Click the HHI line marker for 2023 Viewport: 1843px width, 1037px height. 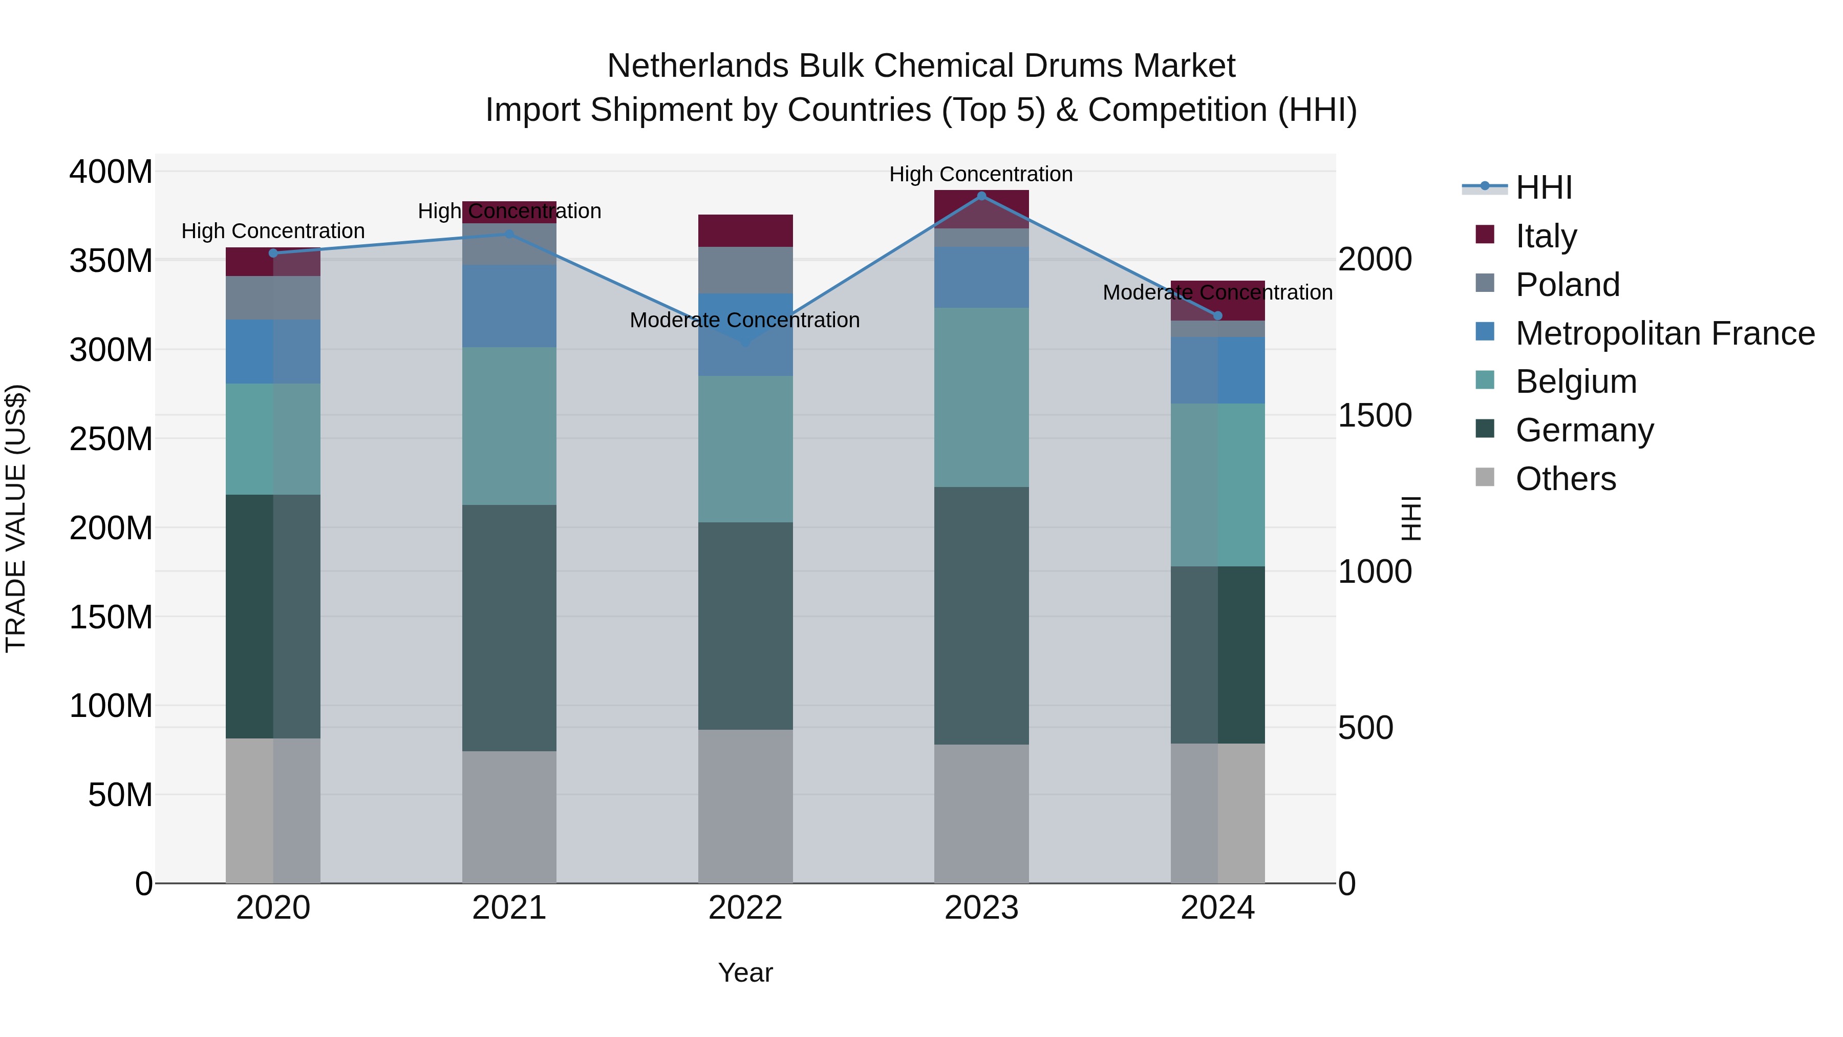click(x=981, y=196)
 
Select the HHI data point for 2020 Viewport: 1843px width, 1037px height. click(x=273, y=252)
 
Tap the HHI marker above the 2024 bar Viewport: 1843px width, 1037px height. click(x=1218, y=315)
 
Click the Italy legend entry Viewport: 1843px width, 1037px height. click(x=1546, y=236)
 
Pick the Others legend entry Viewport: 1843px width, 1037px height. click(x=1566, y=478)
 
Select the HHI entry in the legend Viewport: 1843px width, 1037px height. click(x=1543, y=187)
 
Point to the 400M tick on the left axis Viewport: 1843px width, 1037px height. click(x=111, y=173)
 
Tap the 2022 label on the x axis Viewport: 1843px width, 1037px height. click(x=745, y=908)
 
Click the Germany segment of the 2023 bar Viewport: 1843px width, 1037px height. click(x=981, y=616)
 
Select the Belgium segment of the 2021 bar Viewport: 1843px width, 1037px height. click(x=509, y=426)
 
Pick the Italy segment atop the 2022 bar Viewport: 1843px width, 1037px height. click(x=745, y=230)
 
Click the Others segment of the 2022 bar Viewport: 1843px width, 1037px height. click(x=745, y=806)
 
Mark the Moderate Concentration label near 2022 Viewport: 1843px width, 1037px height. click(x=745, y=320)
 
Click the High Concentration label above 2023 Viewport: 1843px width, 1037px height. click(x=981, y=174)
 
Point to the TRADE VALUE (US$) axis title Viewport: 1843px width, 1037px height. click(x=16, y=518)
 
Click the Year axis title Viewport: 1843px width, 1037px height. click(x=745, y=972)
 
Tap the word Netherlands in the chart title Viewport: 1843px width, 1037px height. click(x=698, y=66)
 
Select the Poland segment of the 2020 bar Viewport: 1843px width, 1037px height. click(x=273, y=298)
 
